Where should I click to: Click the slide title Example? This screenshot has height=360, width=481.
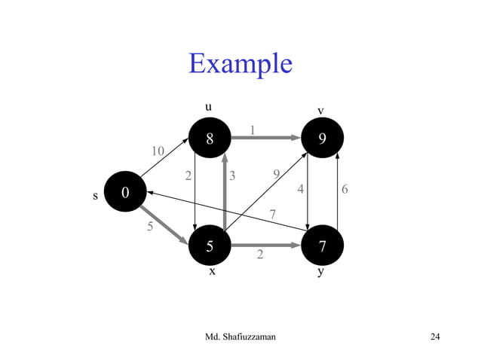240,63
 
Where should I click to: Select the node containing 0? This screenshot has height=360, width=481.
124,194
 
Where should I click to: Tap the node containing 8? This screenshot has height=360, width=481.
210,138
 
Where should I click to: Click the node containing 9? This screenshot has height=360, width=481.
323,139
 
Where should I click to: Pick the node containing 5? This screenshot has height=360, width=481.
210,246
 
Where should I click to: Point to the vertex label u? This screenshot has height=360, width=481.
209,107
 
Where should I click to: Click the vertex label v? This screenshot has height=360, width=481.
320,111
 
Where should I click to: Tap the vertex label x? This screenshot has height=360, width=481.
212,272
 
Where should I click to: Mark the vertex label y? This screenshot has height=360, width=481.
321,273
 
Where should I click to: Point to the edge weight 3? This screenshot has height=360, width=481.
233,176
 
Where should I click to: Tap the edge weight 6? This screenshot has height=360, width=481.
345,190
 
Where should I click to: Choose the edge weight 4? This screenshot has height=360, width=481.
301,190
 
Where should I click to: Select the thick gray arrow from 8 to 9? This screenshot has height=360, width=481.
265,138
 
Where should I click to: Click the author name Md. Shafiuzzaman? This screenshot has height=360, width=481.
240,336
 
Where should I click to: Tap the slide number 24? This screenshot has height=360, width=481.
434,336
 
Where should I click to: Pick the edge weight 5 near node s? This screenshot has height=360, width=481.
149,225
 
